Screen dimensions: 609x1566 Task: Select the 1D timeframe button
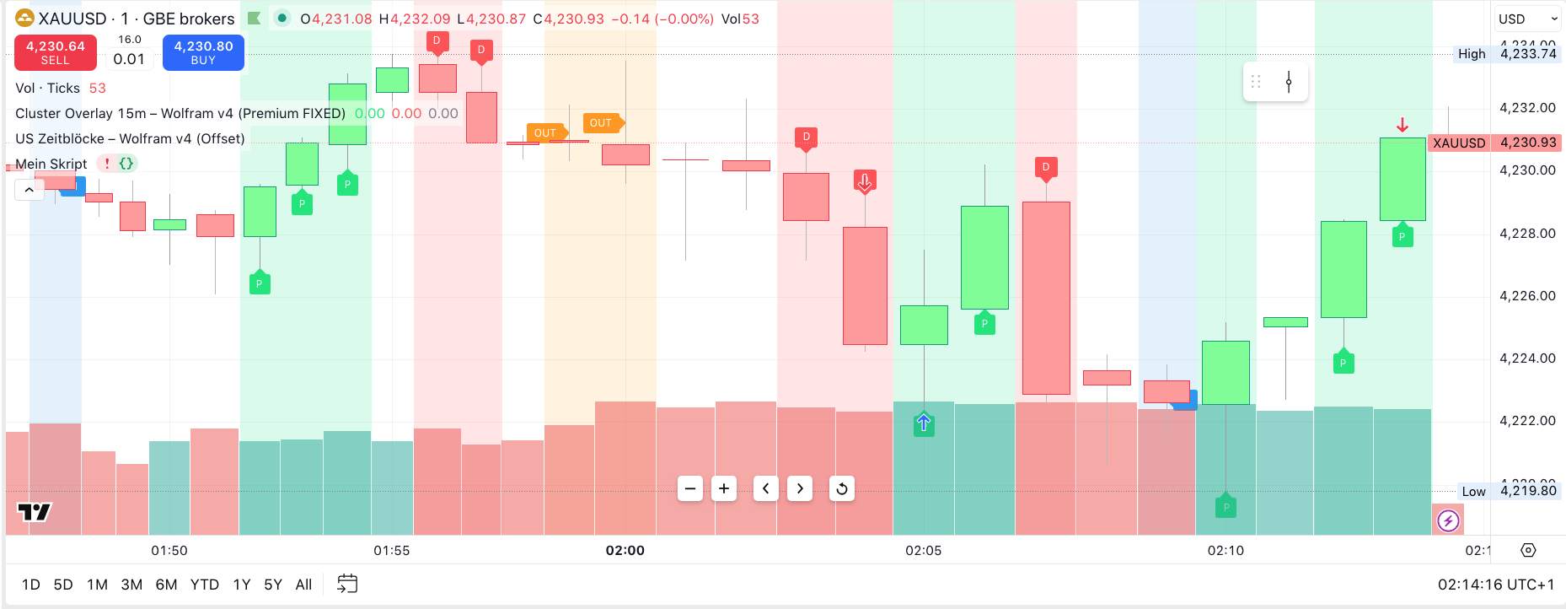(x=31, y=585)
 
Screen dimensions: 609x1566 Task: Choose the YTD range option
(x=204, y=585)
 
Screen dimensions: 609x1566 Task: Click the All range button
(x=303, y=585)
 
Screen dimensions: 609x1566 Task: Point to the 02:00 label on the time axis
(x=625, y=551)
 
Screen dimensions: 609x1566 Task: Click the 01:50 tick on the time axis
(x=169, y=551)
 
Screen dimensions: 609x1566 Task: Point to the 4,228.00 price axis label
(x=1527, y=234)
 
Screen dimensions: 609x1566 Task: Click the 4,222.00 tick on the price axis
(x=1527, y=421)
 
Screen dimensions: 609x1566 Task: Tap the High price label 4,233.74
(x=1528, y=54)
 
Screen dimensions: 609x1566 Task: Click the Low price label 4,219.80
(x=1528, y=491)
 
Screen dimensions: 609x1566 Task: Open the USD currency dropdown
(x=1527, y=19)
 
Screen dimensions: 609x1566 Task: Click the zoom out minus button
(x=690, y=488)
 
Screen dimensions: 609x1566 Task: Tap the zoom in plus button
(x=724, y=488)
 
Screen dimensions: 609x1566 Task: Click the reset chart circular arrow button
(x=841, y=488)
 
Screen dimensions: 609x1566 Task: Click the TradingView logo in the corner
(x=35, y=512)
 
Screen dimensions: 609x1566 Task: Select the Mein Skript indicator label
(x=51, y=164)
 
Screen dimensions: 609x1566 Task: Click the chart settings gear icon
(x=1528, y=551)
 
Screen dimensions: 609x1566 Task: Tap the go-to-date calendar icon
(x=347, y=584)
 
